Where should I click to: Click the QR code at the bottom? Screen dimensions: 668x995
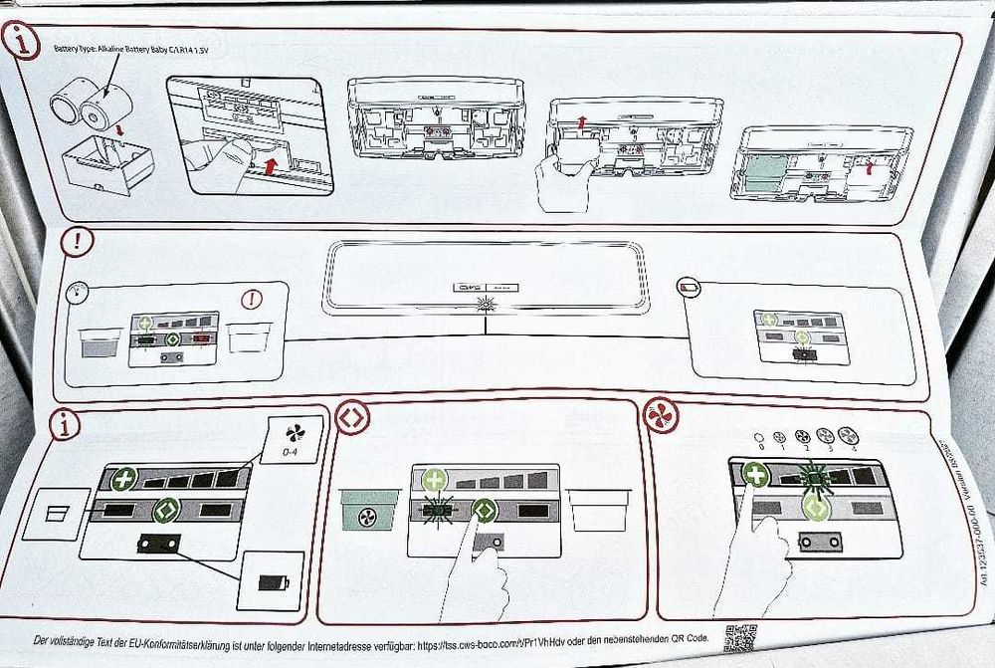(x=739, y=638)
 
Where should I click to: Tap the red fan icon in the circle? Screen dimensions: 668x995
(x=662, y=415)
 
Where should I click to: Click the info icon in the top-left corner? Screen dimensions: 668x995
(x=22, y=43)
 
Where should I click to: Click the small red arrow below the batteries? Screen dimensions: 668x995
(x=120, y=129)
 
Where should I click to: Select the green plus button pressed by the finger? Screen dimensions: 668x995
(x=756, y=474)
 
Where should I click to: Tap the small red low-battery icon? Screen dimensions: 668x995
(x=689, y=288)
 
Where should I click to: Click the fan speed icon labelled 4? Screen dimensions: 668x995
(x=849, y=435)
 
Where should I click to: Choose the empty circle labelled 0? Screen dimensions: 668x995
(x=759, y=435)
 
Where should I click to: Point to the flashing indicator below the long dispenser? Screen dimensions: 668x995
(x=486, y=303)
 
